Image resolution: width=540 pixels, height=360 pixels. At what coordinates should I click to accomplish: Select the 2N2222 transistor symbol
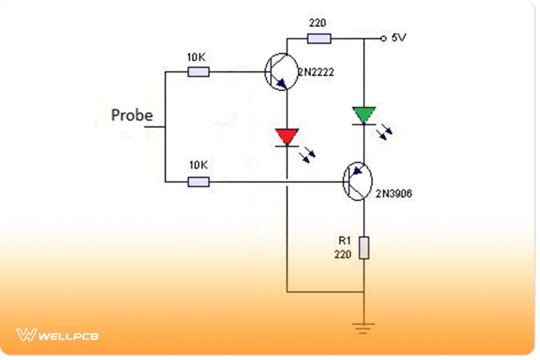tap(282, 72)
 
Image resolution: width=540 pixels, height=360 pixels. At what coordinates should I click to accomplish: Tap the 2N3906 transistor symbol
tap(358, 181)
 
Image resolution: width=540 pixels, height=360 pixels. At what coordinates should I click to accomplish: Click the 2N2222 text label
tap(315, 72)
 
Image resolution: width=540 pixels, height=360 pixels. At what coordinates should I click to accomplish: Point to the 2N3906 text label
tap(394, 194)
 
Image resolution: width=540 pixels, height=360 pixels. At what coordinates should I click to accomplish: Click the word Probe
tap(132, 115)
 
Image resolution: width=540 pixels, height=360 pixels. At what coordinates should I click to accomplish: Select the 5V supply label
tap(399, 38)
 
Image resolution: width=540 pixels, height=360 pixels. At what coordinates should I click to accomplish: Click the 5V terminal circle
tap(383, 39)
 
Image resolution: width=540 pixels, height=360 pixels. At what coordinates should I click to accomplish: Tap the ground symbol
tap(364, 328)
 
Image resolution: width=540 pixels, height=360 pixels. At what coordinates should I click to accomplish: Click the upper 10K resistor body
tap(198, 72)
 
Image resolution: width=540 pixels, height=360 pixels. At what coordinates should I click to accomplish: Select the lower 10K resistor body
tap(198, 182)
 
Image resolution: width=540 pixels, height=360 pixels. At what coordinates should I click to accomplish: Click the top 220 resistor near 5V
tap(319, 39)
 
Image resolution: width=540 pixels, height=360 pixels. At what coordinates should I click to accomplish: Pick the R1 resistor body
tap(364, 248)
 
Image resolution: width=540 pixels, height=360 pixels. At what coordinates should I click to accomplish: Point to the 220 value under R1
tap(343, 255)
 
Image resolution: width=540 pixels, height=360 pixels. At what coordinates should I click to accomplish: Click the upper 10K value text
tap(197, 58)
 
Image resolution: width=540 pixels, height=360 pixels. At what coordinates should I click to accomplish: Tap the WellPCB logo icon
tap(26, 335)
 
